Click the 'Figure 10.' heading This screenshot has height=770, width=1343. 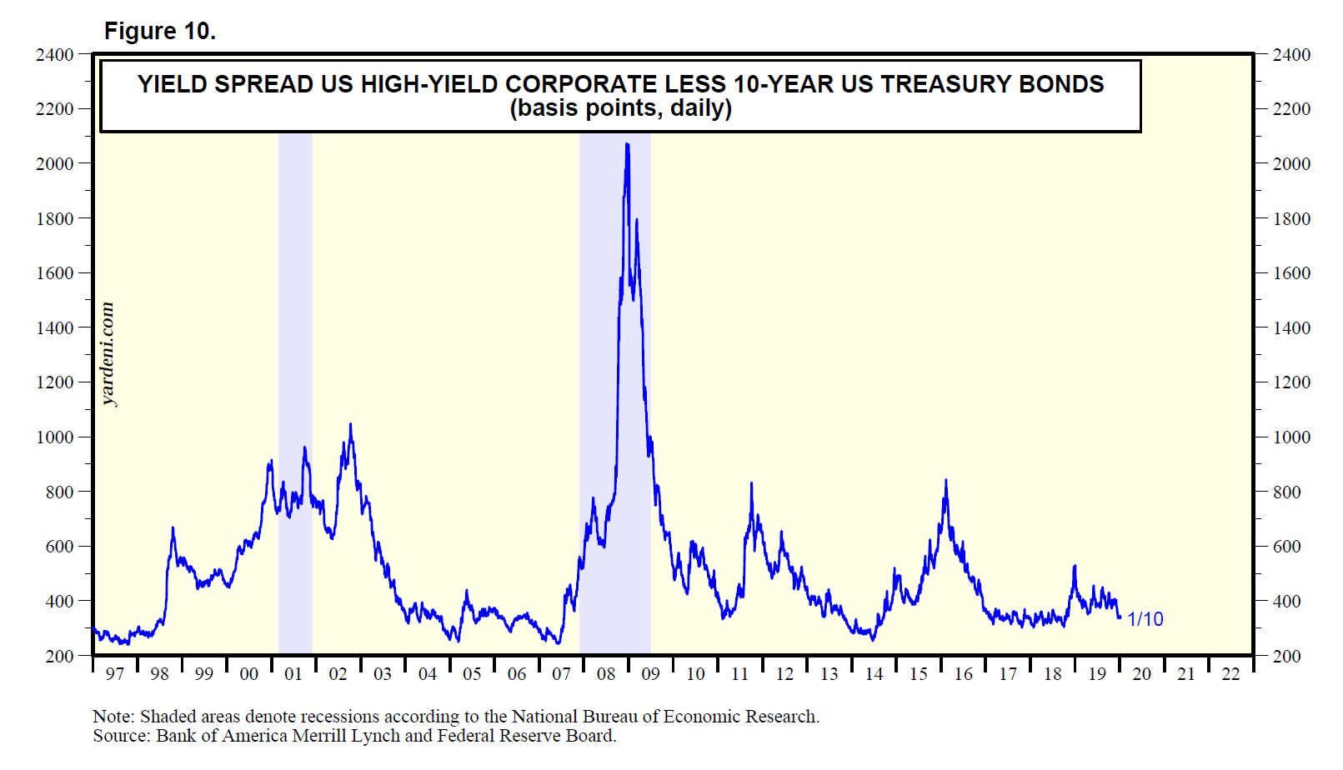(x=159, y=31)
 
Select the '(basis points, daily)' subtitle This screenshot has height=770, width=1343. (x=620, y=108)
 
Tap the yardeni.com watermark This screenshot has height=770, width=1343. (x=108, y=354)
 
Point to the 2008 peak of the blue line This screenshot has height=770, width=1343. (x=627, y=145)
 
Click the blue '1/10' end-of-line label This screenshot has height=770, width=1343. (x=1145, y=619)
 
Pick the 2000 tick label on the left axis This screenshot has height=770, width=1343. (x=55, y=164)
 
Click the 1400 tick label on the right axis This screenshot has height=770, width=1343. (x=1291, y=328)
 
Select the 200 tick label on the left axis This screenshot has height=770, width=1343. (x=60, y=656)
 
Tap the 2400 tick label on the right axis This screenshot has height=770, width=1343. (x=1291, y=55)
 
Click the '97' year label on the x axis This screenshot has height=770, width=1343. (x=114, y=674)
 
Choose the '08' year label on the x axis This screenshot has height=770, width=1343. (x=606, y=674)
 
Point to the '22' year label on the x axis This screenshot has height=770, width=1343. (x=1230, y=674)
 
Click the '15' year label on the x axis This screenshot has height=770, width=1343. (x=918, y=674)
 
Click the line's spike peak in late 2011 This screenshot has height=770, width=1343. (x=752, y=484)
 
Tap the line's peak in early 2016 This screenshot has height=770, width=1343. (x=945, y=481)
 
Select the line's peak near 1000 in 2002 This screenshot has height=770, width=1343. (x=350, y=425)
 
